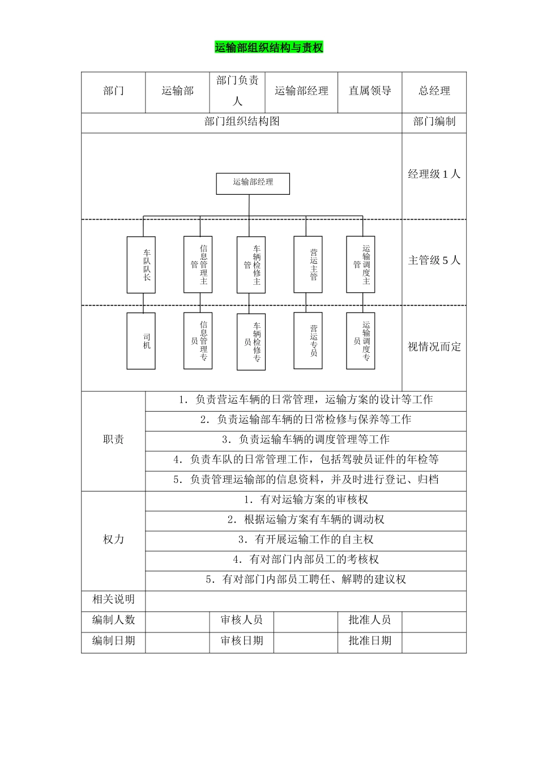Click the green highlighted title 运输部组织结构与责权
[x=269, y=48]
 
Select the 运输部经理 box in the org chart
[x=253, y=183]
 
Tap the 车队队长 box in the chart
[x=141, y=264]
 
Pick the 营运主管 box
[x=308, y=264]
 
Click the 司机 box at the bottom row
[x=141, y=341]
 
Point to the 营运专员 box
[x=308, y=340]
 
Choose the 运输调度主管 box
[x=361, y=264]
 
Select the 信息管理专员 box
[x=198, y=341]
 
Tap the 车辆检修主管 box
[x=251, y=264]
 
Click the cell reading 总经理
[x=434, y=91]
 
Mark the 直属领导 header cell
[x=370, y=91]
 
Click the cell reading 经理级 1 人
[x=434, y=174]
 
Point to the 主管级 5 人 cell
[x=434, y=260]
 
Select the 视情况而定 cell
[x=434, y=347]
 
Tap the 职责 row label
[x=113, y=440]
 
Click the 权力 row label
[x=113, y=540]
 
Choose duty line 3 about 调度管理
[x=306, y=440]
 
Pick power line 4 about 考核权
[x=306, y=560]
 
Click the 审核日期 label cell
[x=242, y=641]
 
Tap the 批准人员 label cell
[x=370, y=620]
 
